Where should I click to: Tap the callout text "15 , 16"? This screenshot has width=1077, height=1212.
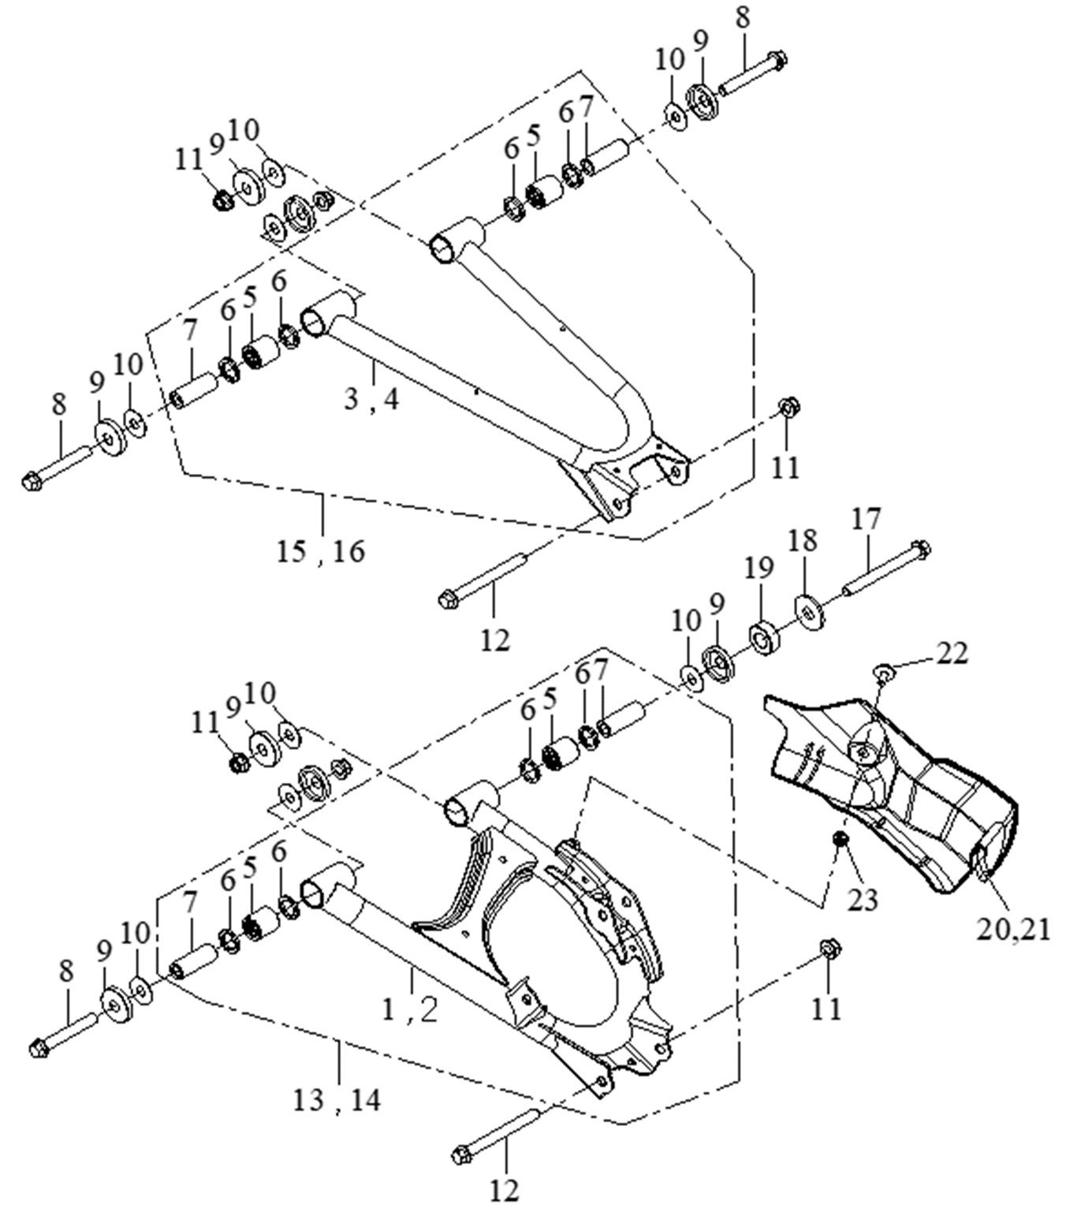click(322, 550)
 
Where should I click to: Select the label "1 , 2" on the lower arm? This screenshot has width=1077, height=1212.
click(410, 1009)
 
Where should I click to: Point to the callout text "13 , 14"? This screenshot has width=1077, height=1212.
click(337, 1098)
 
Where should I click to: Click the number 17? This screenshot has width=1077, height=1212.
click(866, 520)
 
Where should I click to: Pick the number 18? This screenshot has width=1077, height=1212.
click(803, 540)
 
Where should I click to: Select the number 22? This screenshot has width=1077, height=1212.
click(951, 653)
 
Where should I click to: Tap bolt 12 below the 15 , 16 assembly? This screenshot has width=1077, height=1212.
click(484, 580)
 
